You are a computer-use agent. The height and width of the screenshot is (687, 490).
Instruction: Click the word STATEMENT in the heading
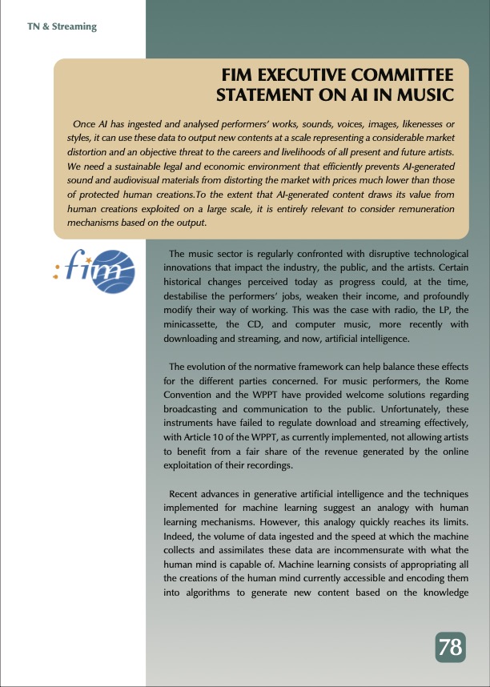(261, 96)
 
